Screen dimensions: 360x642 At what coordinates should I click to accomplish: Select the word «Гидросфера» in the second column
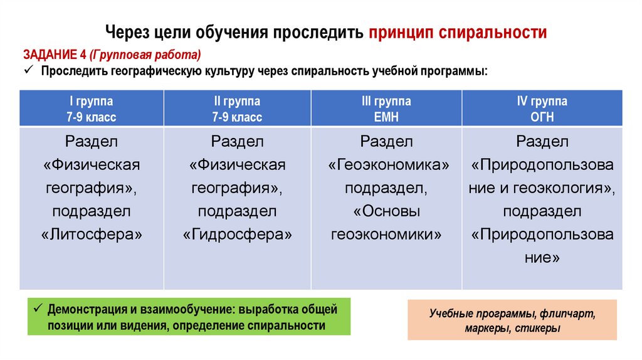tap(238, 235)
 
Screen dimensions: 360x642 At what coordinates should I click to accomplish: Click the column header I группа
tap(92, 101)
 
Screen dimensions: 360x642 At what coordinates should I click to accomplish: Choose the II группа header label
tap(237, 101)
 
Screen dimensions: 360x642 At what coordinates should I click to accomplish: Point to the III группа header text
tap(386, 101)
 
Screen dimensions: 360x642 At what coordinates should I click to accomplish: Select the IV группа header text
tap(542, 101)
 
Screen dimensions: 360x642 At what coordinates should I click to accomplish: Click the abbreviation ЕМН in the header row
tap(386, 117)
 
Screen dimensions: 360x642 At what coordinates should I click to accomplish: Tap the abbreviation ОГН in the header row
tap(542, 117)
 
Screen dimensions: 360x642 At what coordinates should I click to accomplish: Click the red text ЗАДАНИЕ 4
tap(55, 54)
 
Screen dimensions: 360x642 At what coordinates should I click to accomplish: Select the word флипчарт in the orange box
tap(567, 313)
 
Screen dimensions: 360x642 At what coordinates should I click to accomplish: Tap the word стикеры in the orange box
tap(539, 328)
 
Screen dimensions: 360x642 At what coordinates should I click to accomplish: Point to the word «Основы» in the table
tap(386, 212)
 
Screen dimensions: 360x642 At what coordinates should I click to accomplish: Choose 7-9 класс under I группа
tap(92, 117)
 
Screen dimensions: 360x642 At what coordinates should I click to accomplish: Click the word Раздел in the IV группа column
tap(542, 141)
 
